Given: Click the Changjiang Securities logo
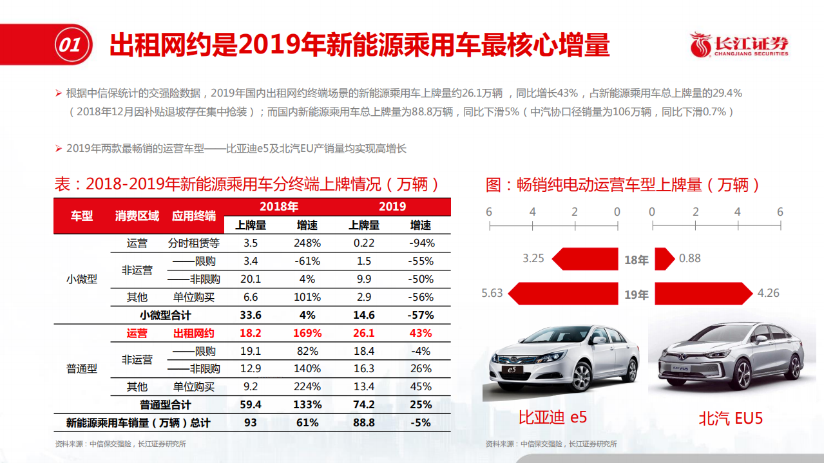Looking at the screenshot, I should coord(739,45).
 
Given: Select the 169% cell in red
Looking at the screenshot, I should coord(307,333).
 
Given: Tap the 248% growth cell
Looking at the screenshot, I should coord(307,243).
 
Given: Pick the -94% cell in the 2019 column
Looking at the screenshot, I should coord(421,243).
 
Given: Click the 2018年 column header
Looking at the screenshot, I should coord(278,207).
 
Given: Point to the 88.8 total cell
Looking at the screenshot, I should coord(363,423).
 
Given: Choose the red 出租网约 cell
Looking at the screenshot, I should coord(193,333).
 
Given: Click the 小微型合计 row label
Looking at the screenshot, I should coord(166,315).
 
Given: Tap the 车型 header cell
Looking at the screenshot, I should coord(82,216).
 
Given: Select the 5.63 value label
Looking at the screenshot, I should coord(492,293).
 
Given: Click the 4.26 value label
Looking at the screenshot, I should coord(768,293).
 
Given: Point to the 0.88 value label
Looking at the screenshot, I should coord(689,258).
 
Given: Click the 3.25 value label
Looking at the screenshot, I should coord(533,258).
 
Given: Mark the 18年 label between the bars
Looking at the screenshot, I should coord(636,260).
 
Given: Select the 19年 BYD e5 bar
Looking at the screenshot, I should coord(564,294).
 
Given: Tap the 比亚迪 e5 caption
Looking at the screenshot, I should coord(553,417).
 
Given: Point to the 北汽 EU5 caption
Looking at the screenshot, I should coord(731,418).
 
